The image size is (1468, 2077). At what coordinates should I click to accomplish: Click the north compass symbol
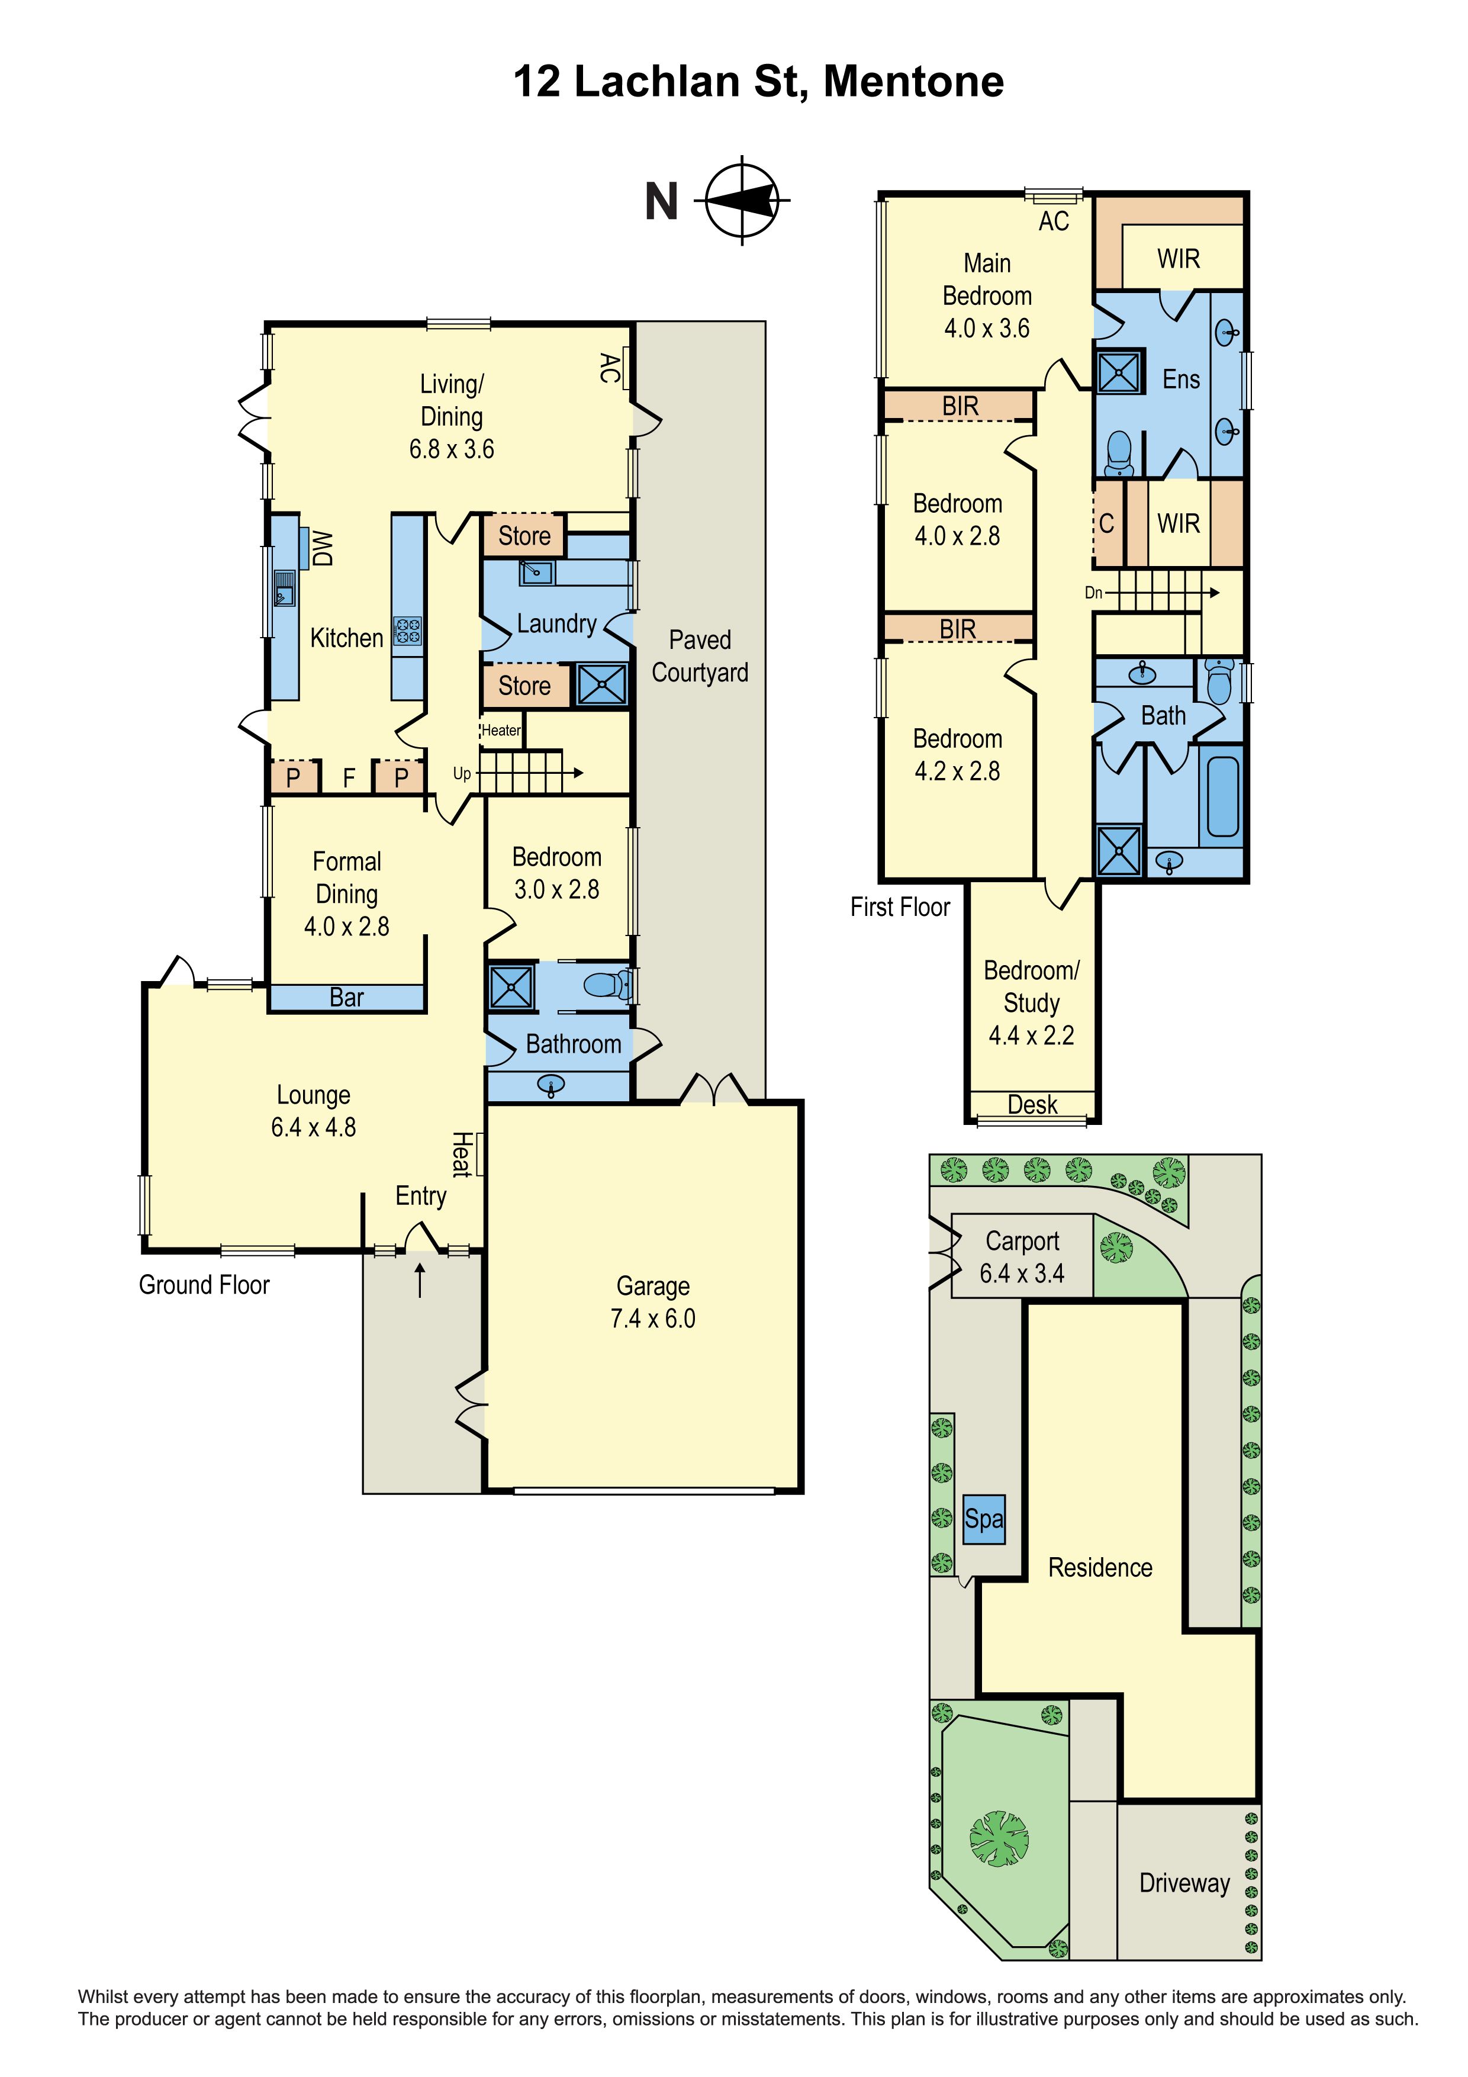pos(742,200)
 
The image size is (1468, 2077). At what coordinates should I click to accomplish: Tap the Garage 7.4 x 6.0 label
pos(653,1302)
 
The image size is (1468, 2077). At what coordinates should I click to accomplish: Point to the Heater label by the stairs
pos(501,730)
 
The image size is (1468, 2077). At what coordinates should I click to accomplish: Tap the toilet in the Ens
pos(1120,453)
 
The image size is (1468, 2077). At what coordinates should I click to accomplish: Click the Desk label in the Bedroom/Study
pos(1032,1105)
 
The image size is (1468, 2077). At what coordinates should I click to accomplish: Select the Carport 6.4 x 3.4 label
pos(1022,1258)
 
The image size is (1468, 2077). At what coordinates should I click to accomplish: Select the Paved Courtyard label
pos(700,656)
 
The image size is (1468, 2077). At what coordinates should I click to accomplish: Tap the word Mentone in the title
pos(913,82)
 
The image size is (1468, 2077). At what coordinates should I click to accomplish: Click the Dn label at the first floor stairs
pos(1093,593)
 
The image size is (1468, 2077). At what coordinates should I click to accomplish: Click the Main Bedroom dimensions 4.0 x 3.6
pos(987,329)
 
